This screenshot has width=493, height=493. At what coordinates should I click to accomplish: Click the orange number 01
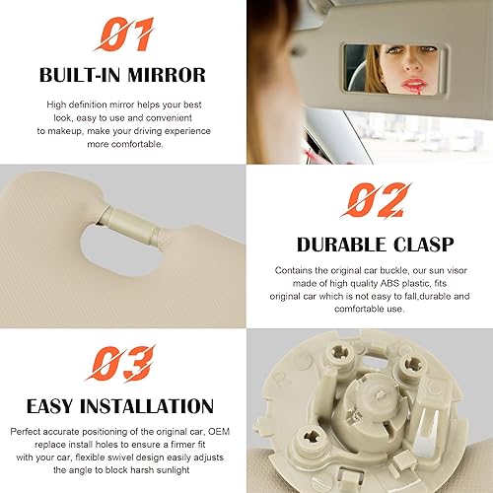pyautogui.click(x=123, y=36)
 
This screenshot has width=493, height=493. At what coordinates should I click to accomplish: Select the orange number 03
pyautogui.click(x=123, y=363)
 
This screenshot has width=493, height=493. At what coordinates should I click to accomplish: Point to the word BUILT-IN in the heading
pyautogui.click(x=82, y=74)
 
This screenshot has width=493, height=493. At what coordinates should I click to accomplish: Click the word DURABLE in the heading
pyautogui.click(x=341, y=243)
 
